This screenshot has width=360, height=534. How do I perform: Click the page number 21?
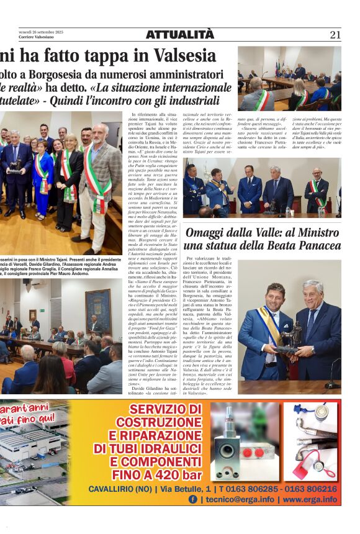click(335, 35)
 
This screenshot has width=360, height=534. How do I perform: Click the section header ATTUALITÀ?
click(179, 35)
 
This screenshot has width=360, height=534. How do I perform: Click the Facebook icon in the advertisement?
click(193, 499)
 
